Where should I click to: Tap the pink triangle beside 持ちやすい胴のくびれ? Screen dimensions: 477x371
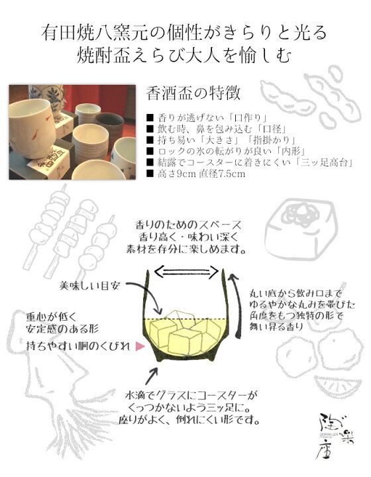(140, 346)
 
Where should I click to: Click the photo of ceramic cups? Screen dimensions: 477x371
(74, 132)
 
